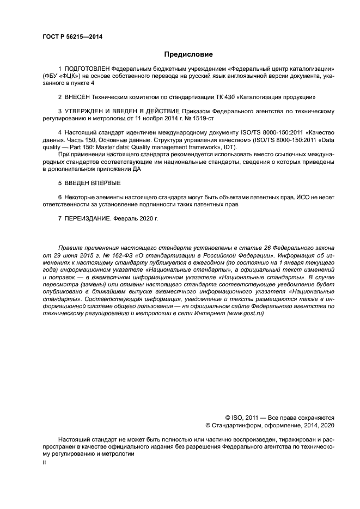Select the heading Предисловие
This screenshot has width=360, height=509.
coord(188,54)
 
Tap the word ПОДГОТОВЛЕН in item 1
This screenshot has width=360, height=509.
coord(87,69)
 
